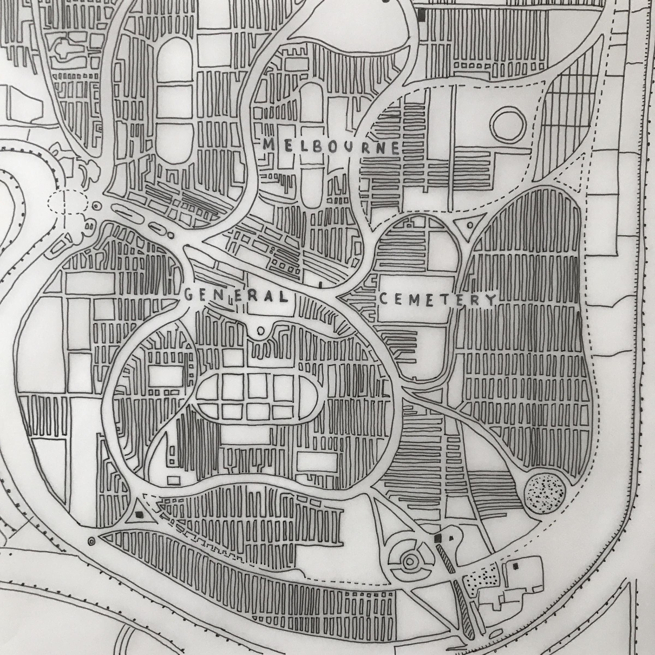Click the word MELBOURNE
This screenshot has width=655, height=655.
tap(332, 147)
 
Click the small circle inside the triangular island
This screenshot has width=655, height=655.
tap(470, 225)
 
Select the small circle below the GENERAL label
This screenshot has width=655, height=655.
tap(261, 330)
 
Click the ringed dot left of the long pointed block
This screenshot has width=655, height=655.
tap(91, 541)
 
